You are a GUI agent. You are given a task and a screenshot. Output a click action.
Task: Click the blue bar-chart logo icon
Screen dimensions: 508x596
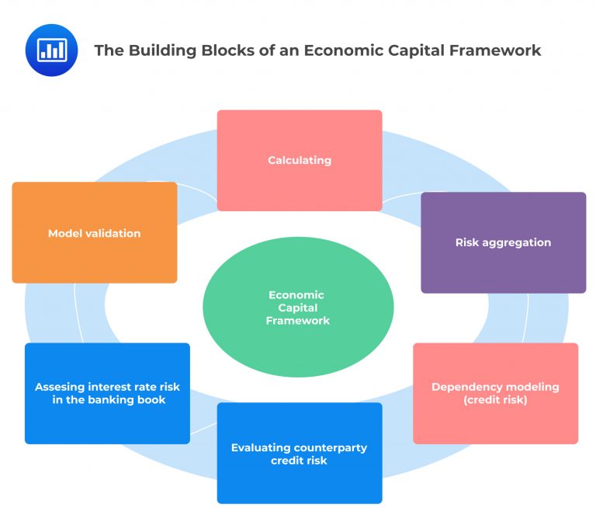[x=51, y=50]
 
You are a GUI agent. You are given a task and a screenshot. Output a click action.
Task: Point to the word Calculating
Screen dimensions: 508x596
[x=300, y=160]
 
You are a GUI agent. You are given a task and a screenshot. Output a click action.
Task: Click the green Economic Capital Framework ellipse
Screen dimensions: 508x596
[x=298, y=334]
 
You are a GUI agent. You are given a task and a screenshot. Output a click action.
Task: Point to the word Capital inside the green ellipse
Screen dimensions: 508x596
[x=298, y=308]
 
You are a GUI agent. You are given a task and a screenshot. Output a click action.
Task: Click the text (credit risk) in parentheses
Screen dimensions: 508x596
[x=495, y=400]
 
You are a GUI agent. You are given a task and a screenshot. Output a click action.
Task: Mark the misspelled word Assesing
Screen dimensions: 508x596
[x=60, y=387]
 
